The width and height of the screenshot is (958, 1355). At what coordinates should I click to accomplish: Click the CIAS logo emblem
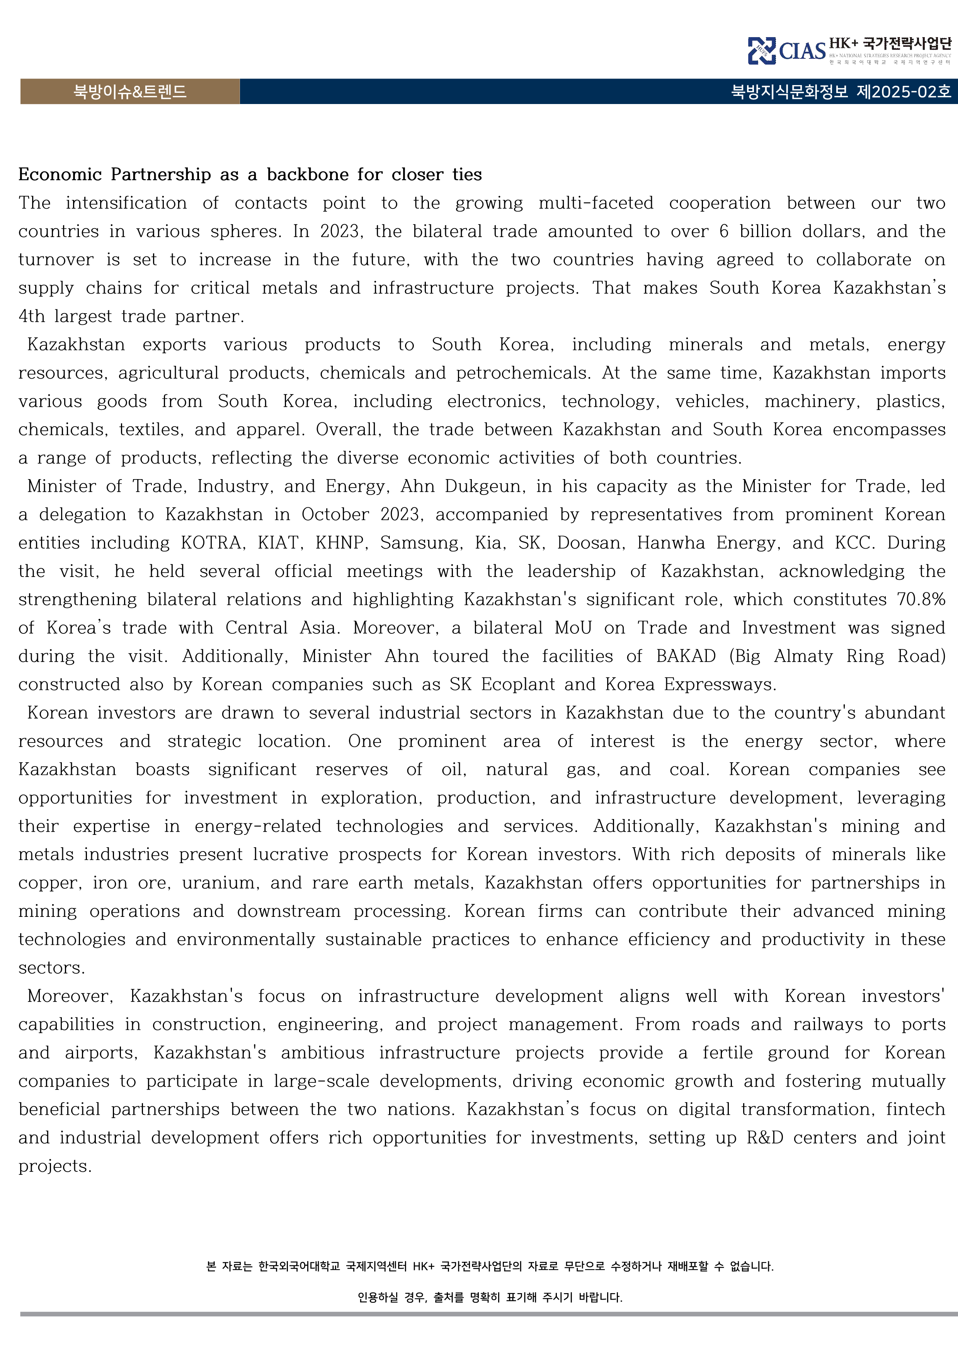(x=762, y=51)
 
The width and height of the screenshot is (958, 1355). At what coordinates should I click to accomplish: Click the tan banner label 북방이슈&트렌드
(x=130, y=92)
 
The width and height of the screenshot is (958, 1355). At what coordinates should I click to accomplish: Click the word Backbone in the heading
(x=307, y=175)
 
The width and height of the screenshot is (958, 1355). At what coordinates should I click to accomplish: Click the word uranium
(x=221, y=882)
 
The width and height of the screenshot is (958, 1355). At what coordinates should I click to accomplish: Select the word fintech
(x=915, y=1109)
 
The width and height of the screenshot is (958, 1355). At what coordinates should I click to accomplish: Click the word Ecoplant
(x=518, y=684)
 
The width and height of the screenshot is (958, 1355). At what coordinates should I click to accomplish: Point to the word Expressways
(x=720, y=684)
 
